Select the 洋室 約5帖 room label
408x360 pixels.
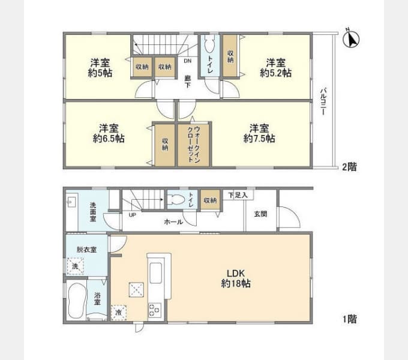[100, 68]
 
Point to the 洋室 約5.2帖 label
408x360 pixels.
[275, 68]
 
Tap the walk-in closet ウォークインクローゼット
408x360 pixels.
[193, 145]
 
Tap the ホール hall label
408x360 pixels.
[173, 221]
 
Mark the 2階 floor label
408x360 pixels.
[349, 167]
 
